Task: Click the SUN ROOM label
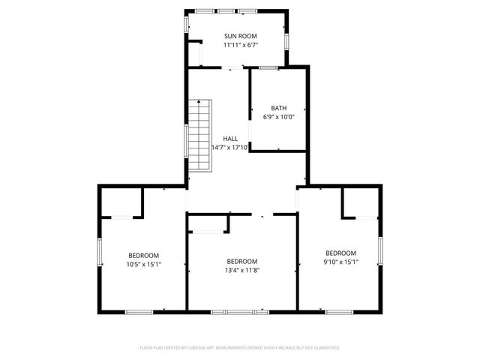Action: pos(241,36)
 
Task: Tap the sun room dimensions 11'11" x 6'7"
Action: pos(241,45)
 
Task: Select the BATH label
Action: pos(279,108)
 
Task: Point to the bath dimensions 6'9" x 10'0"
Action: pos(279,117)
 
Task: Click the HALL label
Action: pos(229,139)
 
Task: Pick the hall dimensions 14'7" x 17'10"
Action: pos(229,148)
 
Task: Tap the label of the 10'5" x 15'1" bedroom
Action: pos(143,255)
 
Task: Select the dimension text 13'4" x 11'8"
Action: pos(242,271)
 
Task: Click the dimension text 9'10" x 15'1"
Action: pos(340,262)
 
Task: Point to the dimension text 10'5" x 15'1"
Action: pos(143,264)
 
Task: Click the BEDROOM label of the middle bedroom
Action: pos(242,262)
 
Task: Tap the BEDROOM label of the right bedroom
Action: pos(340,253)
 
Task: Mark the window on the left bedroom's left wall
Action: pos(100,252)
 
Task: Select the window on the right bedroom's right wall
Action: pos(381,250)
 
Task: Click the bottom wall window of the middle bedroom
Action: pos(239,311)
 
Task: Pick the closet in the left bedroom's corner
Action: pos(121,202)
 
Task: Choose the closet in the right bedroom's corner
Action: pos(360,202)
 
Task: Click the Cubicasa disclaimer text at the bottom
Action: pos(240,348)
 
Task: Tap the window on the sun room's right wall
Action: pos(286,39)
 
